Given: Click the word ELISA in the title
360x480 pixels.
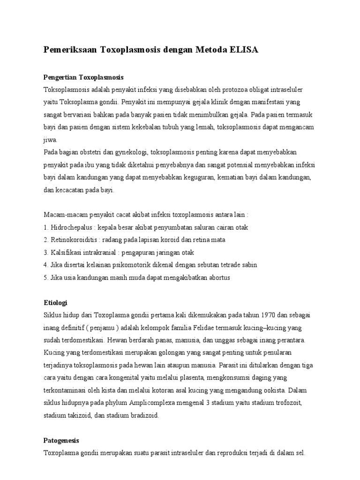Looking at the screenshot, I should pyautogui.click(x=243, y=50).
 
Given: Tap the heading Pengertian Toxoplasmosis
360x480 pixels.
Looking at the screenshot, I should pyautogui.click(x=83, y=77).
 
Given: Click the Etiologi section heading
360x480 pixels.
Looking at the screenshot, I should pyautogui.click(x=56, y=303).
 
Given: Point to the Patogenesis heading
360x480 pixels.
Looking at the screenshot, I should pyautogui.click(x=61, y=441).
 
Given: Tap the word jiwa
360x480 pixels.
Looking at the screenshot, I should pyautogui.click(x=50, y=140).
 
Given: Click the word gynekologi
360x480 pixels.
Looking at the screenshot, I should pyautogui.click(x=124, y=152).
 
